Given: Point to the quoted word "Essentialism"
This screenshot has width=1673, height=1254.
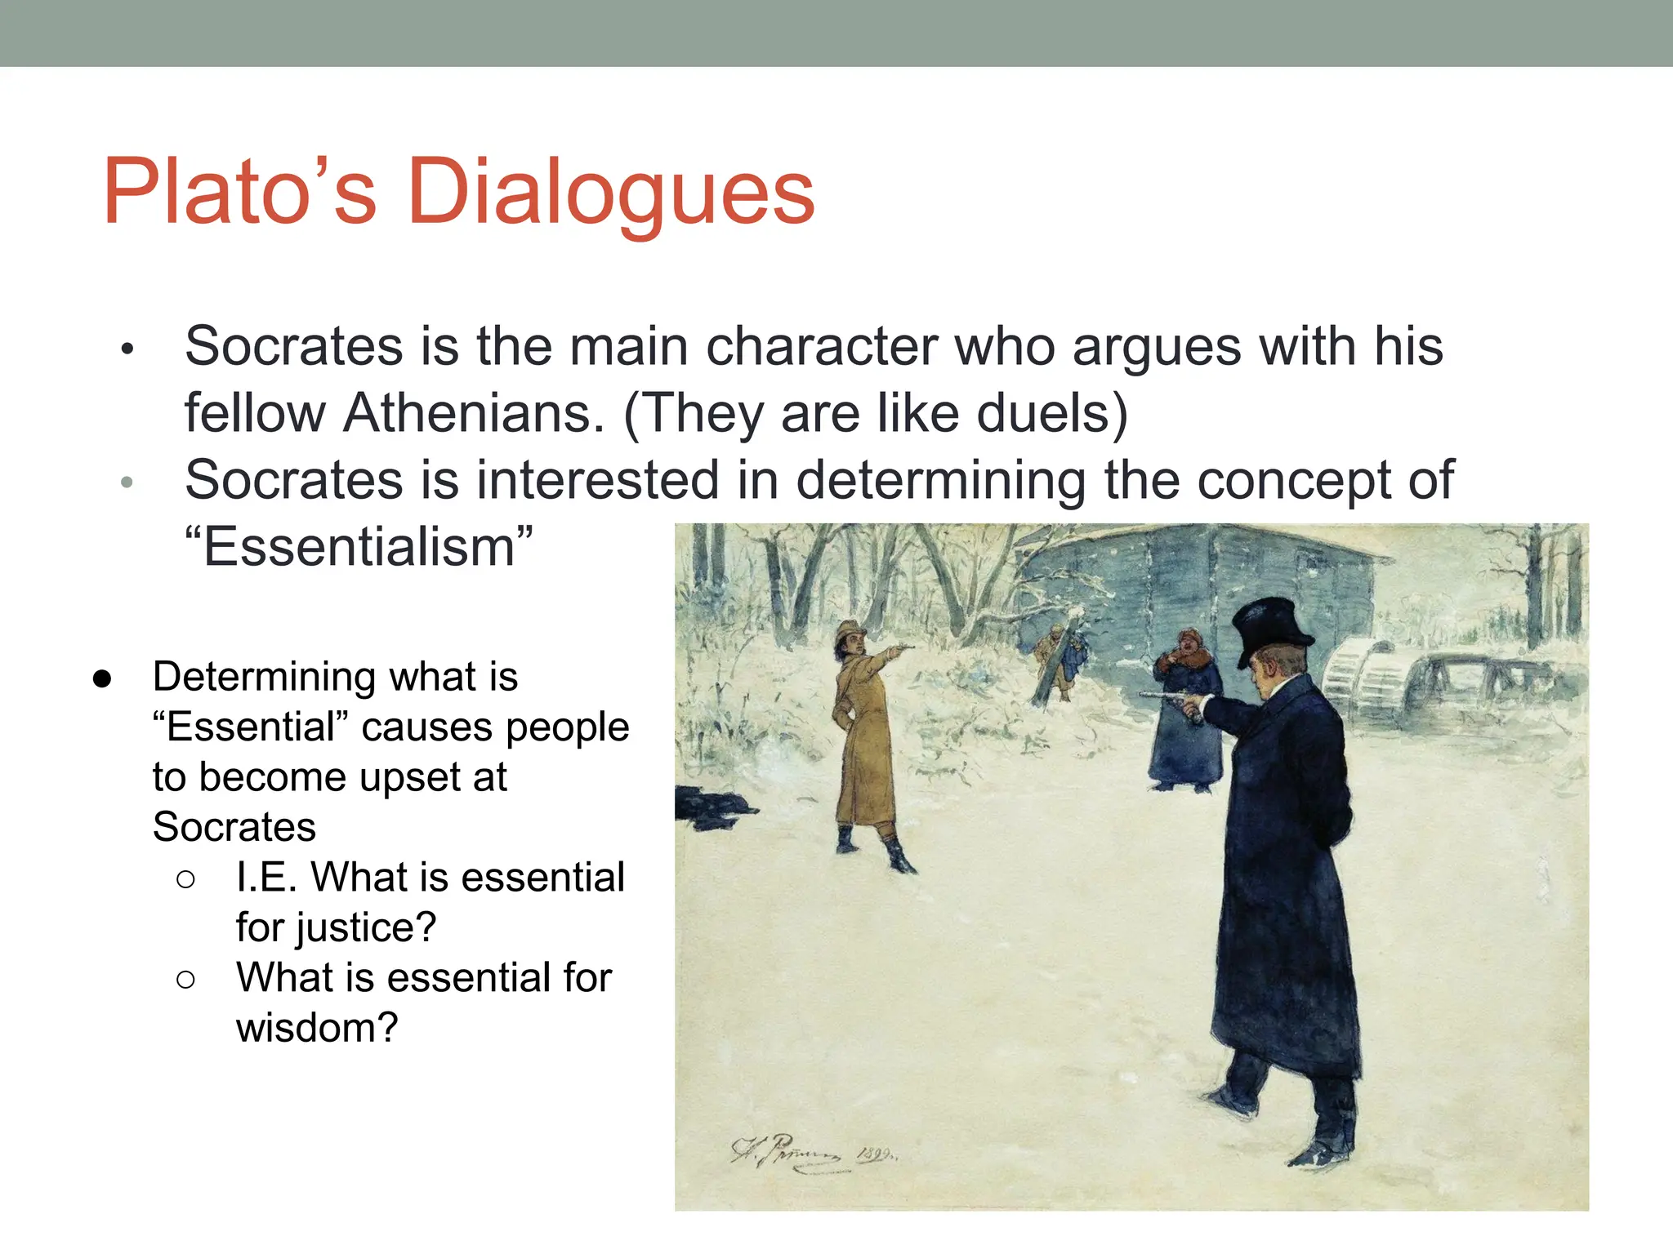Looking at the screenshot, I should coord(359,547).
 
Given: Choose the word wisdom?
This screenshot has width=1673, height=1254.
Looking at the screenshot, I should coord(317,1027).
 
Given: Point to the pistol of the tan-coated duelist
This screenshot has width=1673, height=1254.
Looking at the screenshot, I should coord(903,647).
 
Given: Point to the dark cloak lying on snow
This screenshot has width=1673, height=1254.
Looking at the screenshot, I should coord(709,808).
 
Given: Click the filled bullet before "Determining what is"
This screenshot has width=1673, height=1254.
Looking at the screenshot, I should coord(102,678).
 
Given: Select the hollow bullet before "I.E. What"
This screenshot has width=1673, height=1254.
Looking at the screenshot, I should coord(185,879).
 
